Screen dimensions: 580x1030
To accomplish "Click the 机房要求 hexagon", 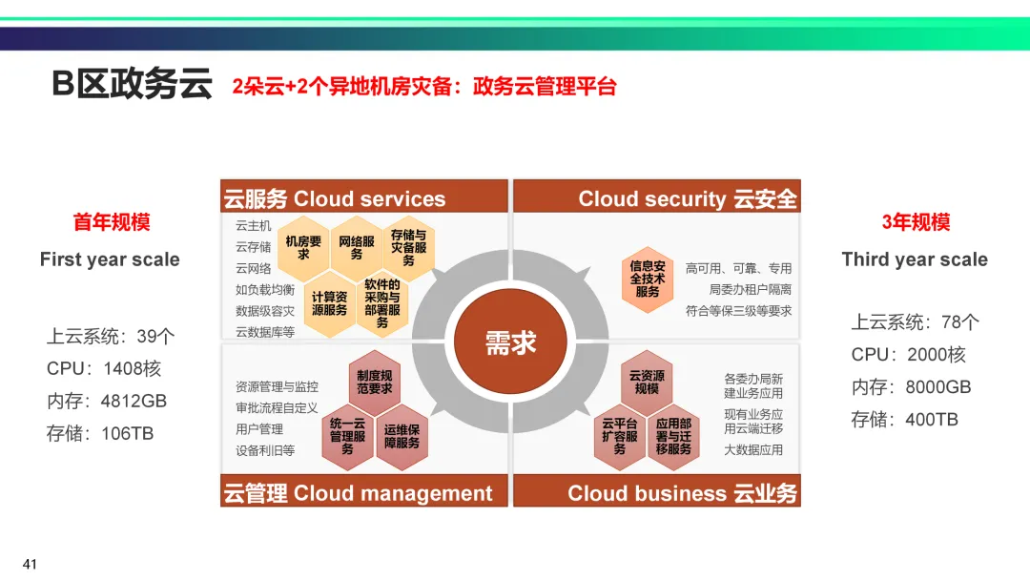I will (303, 248).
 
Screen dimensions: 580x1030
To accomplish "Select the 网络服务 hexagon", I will (357, 248).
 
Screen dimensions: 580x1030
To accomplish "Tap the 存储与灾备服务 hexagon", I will (408, 247).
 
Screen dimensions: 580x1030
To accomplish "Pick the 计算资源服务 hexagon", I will (330, 303).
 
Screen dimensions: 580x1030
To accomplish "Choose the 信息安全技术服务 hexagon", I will (648, 279).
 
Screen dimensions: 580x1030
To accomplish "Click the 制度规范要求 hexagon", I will (375, 383).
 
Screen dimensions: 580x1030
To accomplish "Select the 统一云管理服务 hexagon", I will (347, 436).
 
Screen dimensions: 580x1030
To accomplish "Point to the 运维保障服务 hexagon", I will (402, 436).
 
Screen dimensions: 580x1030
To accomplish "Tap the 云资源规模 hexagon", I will (647, 383).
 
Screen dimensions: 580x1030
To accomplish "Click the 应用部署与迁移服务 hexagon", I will (673, 436).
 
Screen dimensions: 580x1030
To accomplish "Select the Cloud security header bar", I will (657, 198).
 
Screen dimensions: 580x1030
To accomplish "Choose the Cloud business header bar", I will (657, 493).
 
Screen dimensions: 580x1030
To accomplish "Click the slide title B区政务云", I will (132, 85).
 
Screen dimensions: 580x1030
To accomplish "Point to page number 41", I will (30, 565).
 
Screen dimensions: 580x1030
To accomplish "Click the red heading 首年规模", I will (112, 222).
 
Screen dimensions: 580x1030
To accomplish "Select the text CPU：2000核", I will (909, 355).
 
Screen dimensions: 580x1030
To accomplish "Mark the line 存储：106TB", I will (100, 433).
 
